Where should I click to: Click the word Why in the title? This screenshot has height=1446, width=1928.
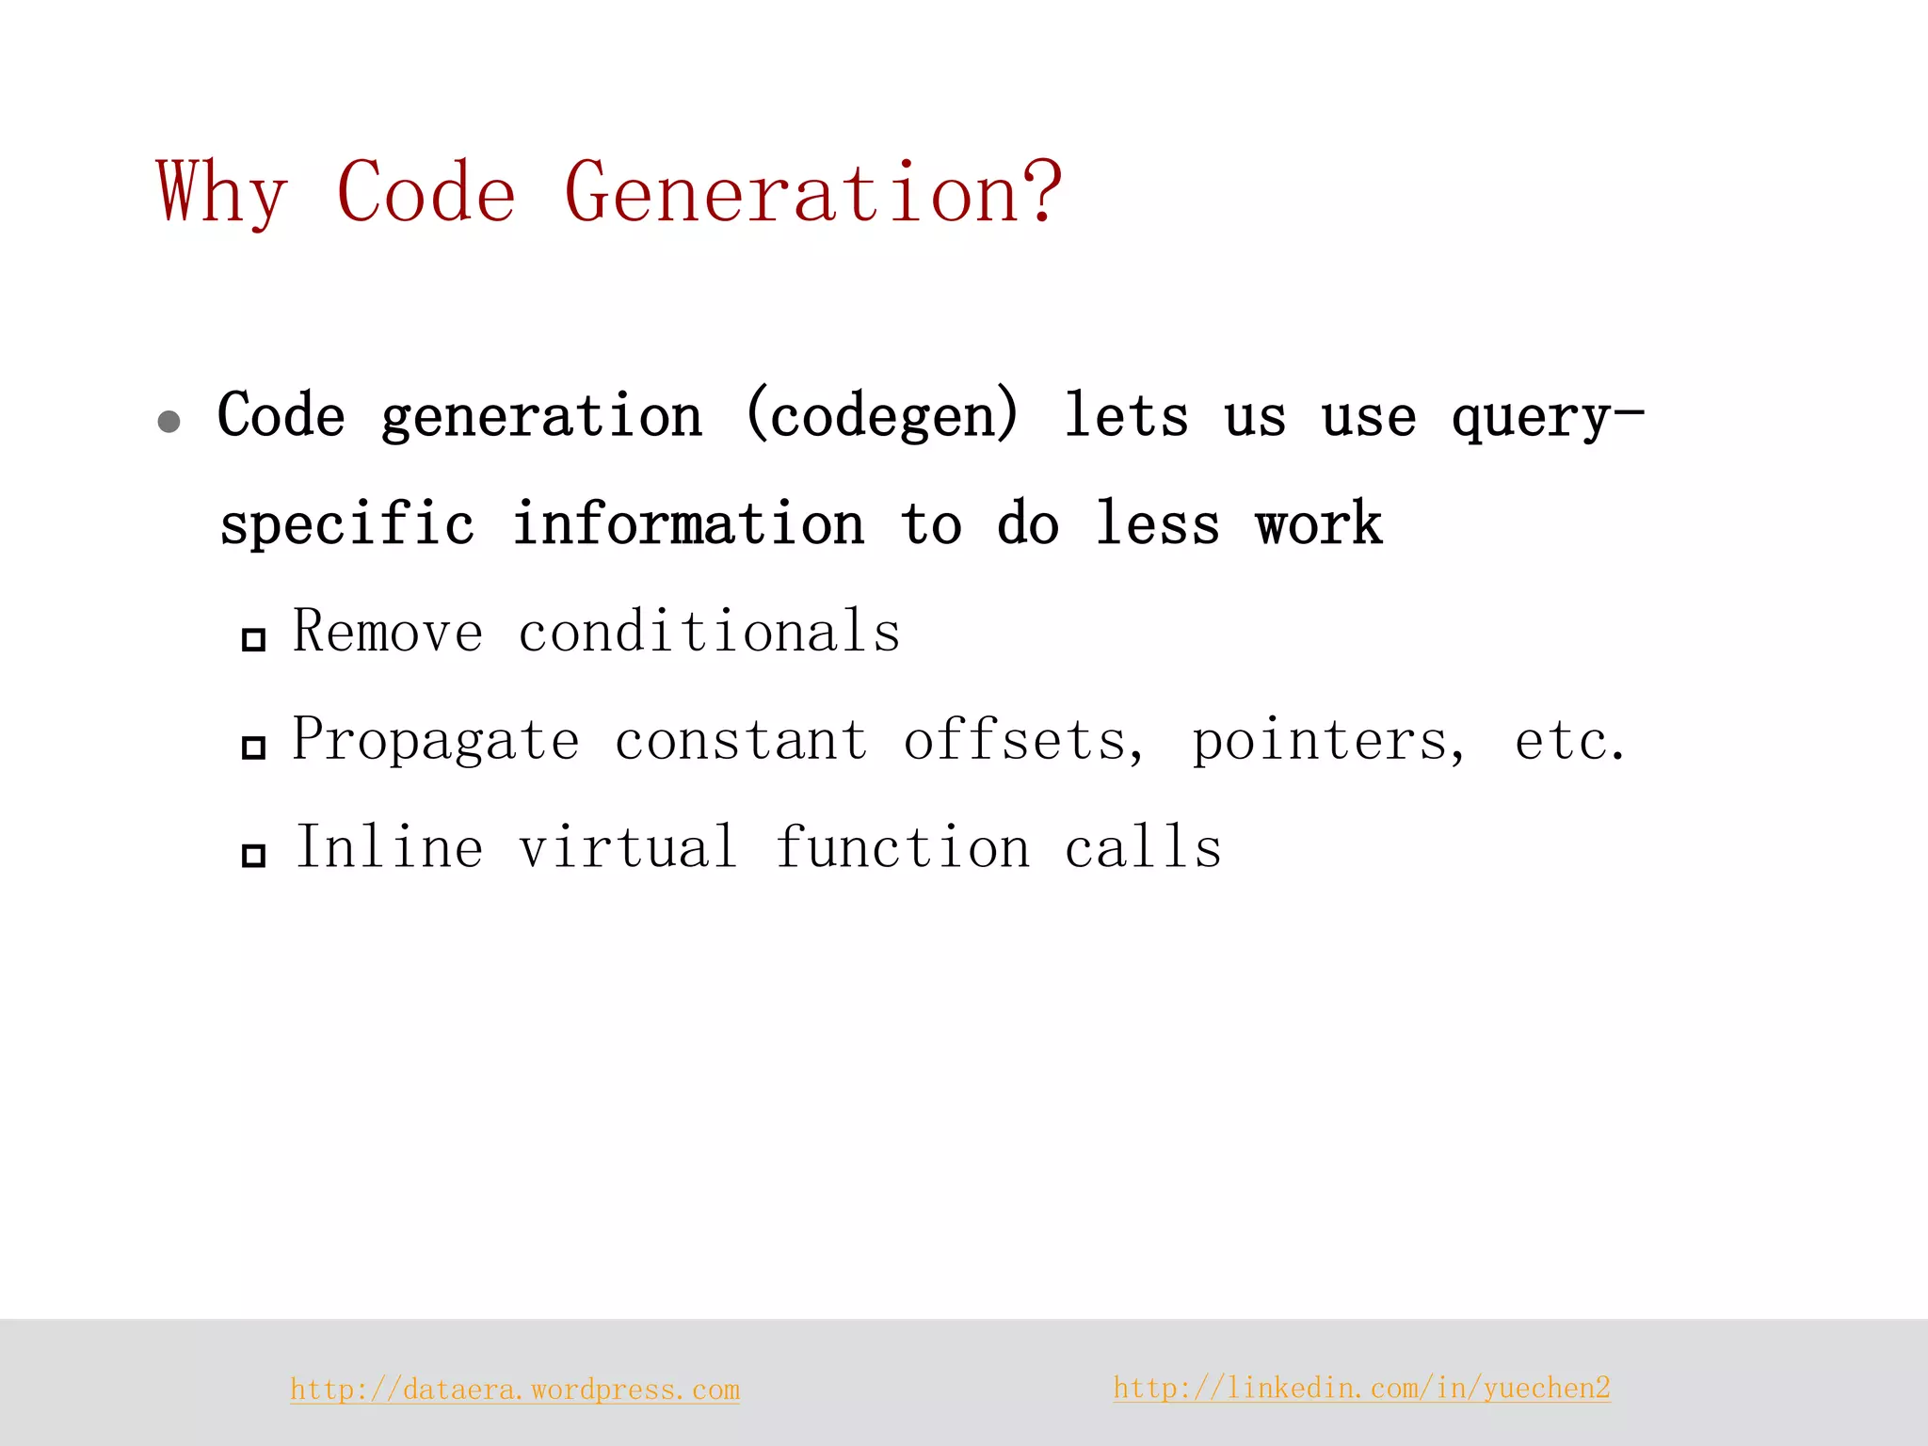(x=221, y=193)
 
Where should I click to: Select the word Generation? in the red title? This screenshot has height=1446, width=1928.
(x=812, y=193)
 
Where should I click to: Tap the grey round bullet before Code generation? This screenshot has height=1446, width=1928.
(x=169, y=421)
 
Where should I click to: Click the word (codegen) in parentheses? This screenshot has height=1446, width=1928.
(x=882, y=415)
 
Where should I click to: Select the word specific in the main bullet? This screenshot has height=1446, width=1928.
(x=346, y=524)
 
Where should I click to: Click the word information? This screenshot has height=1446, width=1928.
(x=688, y=524)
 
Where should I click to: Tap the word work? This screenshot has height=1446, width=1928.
(x=1319, y=524)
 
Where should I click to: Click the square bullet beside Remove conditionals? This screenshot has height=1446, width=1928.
(x=253, y=640)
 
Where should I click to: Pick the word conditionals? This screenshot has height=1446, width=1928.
(x=709, y=631)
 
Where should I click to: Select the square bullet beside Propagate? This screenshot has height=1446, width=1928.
(x=253, y=747)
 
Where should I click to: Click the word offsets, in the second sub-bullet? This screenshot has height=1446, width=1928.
(x=1024, y=740)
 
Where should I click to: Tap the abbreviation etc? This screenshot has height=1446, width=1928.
(x=1569, y=740)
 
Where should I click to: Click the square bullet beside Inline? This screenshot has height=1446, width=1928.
(x=253, y=856)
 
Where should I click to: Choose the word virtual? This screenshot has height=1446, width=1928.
(x=627, y=846)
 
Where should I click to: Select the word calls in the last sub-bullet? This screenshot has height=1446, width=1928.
(x=1143, y=846)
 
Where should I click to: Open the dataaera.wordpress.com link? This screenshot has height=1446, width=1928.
(x=515, y=1390)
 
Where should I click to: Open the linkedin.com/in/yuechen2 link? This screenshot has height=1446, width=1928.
(x=1361, y=1388)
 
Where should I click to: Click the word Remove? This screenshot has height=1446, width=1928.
(x=388, y=631)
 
